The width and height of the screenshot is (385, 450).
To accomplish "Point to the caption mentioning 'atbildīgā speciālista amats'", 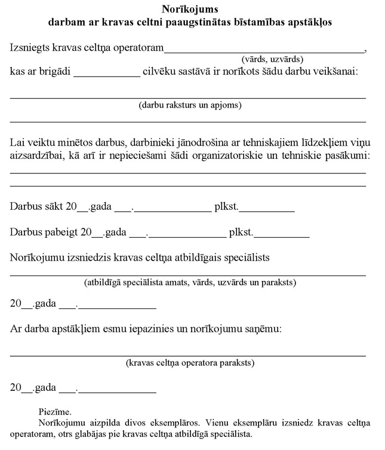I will pyautogui.click(x=190, y=282).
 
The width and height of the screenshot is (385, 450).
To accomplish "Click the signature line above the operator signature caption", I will pyautogui.click(x=188, y=355).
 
